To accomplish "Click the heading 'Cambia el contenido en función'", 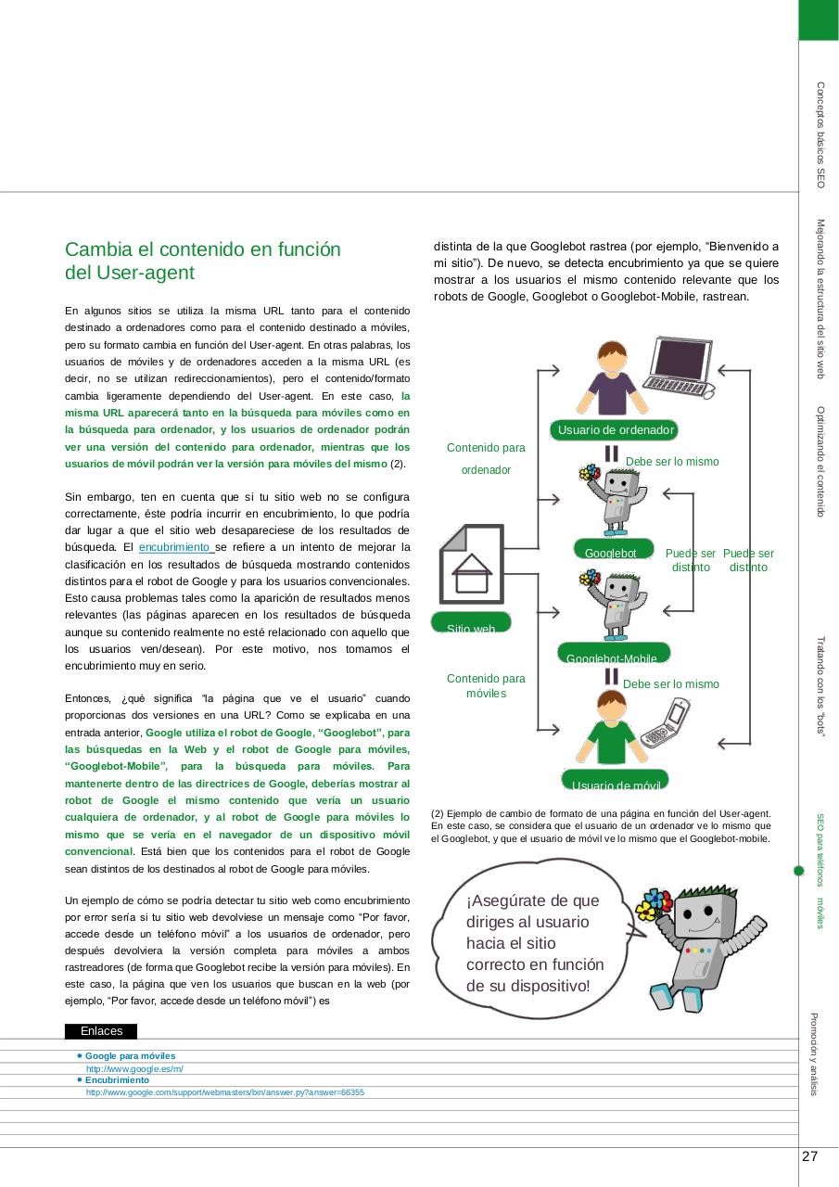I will tap(203, 249).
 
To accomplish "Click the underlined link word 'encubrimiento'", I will tap(175, 547).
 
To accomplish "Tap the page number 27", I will tap(809, 1156).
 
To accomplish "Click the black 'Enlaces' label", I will tap(101, 1031).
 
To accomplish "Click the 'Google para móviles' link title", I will tap(130, 1056).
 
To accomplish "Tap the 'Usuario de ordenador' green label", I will tap(615, 429).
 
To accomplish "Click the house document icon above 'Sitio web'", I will tap(471, 564).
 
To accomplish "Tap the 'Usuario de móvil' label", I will tap(615, 781).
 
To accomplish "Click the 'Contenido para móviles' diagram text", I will tap(486, 686).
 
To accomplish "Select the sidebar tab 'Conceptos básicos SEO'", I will tap(820, 135).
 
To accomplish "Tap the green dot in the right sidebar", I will tap(798, 871).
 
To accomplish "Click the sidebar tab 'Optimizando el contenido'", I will tap(820, 462).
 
